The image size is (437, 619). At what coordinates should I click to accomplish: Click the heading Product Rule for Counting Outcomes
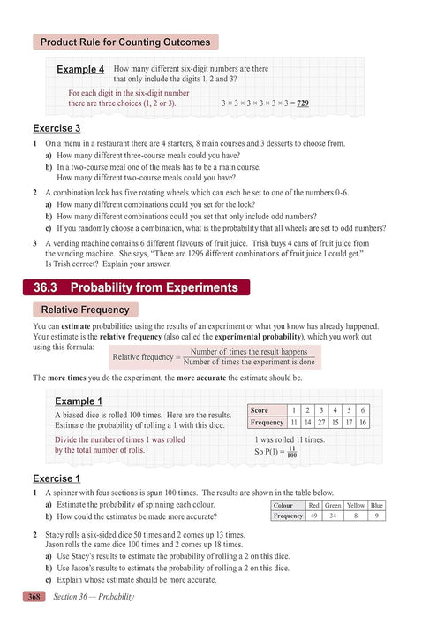coord(125,42)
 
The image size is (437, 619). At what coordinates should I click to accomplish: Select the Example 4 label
coord(80,69)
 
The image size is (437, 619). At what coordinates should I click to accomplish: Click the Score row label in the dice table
coord(260,411)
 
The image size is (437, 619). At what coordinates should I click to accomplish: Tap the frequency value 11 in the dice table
coord(293,423)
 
